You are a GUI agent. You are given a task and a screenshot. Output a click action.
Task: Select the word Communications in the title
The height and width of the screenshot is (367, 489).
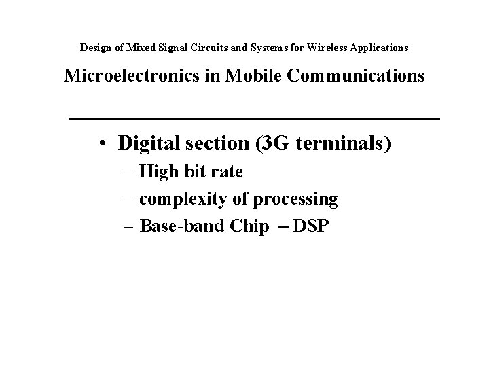coord(356,75)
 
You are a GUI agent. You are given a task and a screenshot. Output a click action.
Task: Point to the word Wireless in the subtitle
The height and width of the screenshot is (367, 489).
coord(327,48)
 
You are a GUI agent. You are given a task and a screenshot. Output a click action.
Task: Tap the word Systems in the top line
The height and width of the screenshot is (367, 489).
coord(250,48)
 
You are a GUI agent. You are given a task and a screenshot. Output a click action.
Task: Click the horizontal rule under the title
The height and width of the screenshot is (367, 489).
coord(255,119)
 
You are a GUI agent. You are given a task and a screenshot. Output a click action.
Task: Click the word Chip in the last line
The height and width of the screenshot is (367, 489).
coord(249,226)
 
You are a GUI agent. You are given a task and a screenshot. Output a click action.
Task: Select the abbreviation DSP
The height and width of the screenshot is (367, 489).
coord(310,226)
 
